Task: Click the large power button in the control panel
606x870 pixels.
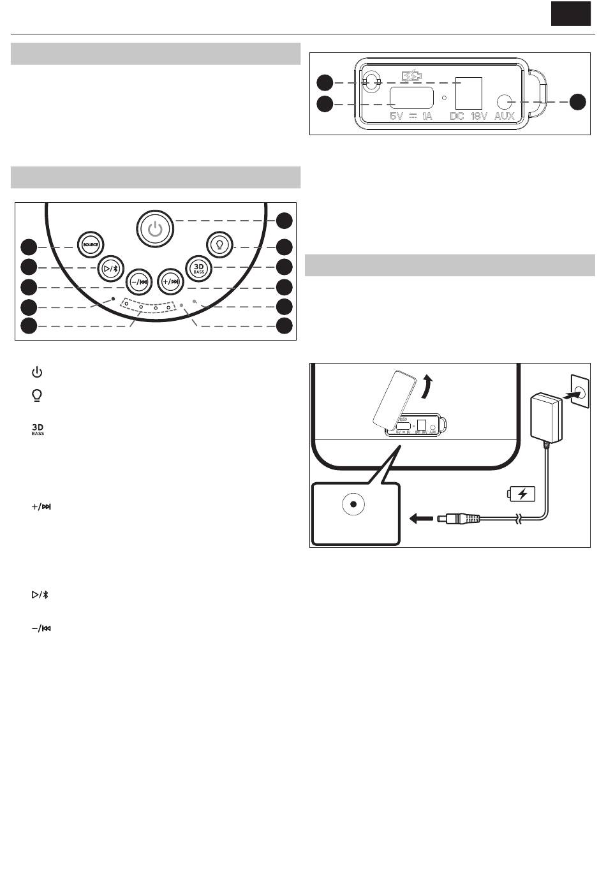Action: tap(155, 229)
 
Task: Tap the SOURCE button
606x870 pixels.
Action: tap(91, 245)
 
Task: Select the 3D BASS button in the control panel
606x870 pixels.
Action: tap(199, 269)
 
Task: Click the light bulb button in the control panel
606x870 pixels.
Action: tap(219, 245)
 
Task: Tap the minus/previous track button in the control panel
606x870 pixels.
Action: tap(138, 282)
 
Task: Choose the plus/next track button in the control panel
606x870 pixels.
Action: tap(170, 282)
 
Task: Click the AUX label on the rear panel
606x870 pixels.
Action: tap(505, 115)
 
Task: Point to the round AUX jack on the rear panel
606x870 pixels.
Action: tap(504, 102)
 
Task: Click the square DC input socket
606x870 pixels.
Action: tap(469, 93)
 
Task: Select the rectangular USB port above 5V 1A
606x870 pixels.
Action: tap(412, 98)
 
